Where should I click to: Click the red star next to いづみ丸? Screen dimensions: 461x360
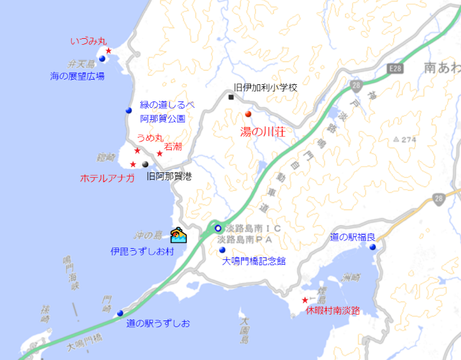click(109, 51)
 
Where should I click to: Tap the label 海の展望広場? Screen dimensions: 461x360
click(77, 76)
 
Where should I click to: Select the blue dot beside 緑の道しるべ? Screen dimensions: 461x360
click(128, 111)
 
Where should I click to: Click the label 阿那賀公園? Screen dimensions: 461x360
click(162, 119)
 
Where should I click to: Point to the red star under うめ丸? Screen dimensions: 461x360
click(137, 151)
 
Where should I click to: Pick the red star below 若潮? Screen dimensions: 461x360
click(159, 153)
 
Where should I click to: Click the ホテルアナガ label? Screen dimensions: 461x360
click(107, 178)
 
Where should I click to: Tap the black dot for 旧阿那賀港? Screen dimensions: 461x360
click(146, 164)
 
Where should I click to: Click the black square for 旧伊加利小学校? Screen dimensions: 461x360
click(231, 97)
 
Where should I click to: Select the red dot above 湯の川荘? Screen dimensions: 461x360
click(248, 115)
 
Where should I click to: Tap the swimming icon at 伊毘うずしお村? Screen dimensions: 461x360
click(178, 236)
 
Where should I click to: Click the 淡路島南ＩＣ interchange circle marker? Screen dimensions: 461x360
click(218, 228)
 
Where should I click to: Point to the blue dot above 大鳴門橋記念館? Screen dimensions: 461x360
click(222, 250)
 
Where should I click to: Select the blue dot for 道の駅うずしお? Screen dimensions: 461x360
click(120, 313)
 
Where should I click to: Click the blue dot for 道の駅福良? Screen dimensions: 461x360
click(373, 247)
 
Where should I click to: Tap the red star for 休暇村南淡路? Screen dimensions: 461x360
click(304, 300)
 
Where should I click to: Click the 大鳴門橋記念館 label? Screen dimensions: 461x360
click(254, 261)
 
